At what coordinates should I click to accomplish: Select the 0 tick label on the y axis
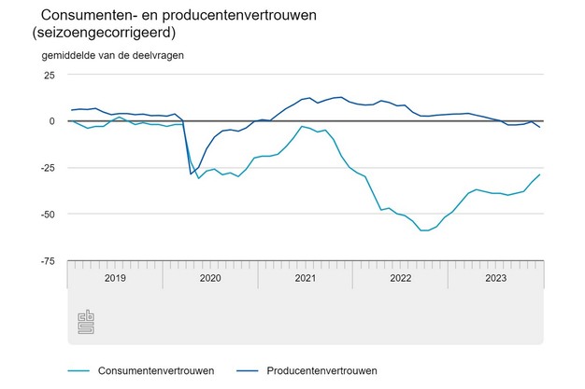click(52, 121)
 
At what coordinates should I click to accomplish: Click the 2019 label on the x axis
click(115, 278)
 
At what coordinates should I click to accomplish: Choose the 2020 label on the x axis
click(210, 278)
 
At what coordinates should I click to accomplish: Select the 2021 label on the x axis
click(306, 278)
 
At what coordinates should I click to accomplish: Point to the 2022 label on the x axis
click(401, 278)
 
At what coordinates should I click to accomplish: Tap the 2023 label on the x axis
click(495, 278)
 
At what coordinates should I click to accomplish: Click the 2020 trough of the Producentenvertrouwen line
click(191, 174)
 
